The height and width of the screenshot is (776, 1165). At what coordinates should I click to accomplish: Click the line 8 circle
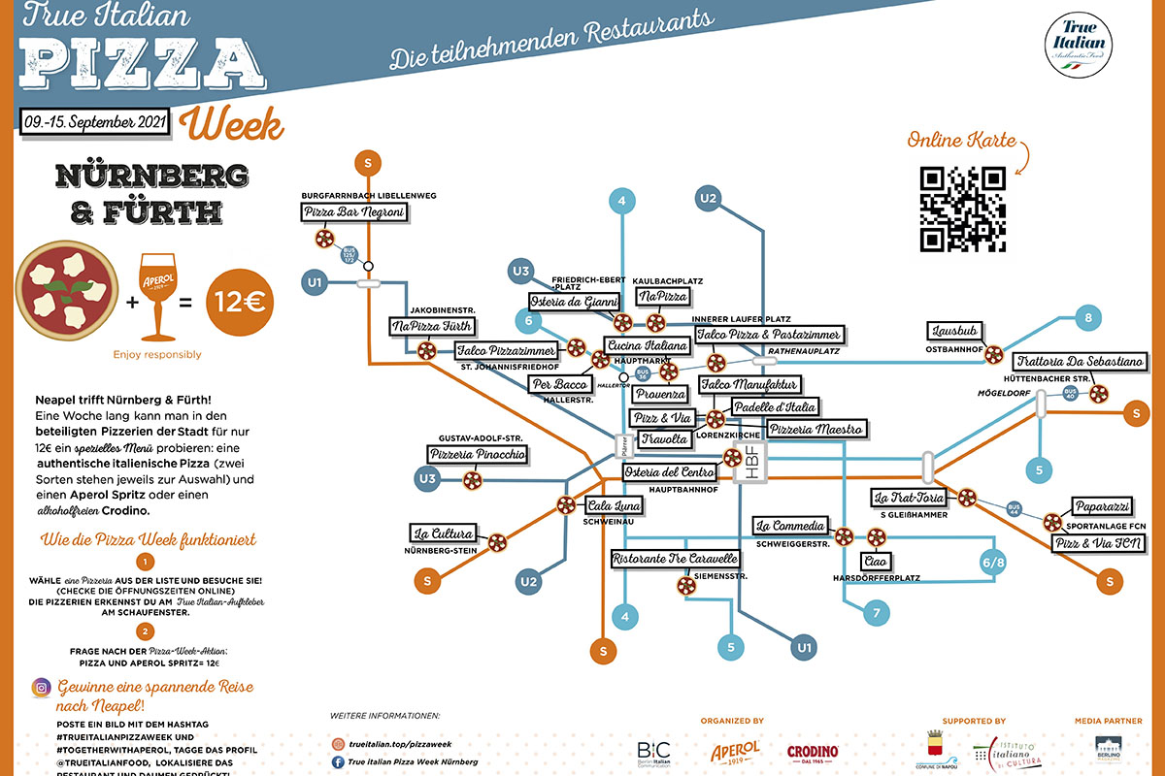[1088, 317]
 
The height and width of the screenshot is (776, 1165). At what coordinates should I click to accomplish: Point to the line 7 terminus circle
[876, 613]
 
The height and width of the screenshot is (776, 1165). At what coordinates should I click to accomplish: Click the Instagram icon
[42, 688]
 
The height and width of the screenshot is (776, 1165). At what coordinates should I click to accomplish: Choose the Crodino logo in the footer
[812, 751]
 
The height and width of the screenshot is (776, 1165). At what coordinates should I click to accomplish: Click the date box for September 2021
[94, 122]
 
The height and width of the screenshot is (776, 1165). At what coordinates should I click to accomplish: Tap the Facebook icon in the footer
[338, 761]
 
